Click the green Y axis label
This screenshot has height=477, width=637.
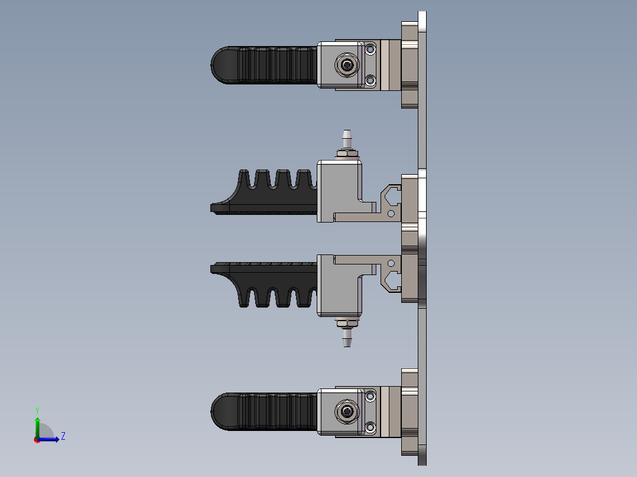coord(37,410)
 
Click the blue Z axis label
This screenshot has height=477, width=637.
coord(63,436)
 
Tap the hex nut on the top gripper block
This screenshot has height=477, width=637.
coord(346,64)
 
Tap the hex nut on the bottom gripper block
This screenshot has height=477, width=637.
coord(346,411)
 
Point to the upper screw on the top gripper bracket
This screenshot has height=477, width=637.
coord(370,50)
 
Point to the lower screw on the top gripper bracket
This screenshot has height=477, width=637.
coord(370,80)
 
